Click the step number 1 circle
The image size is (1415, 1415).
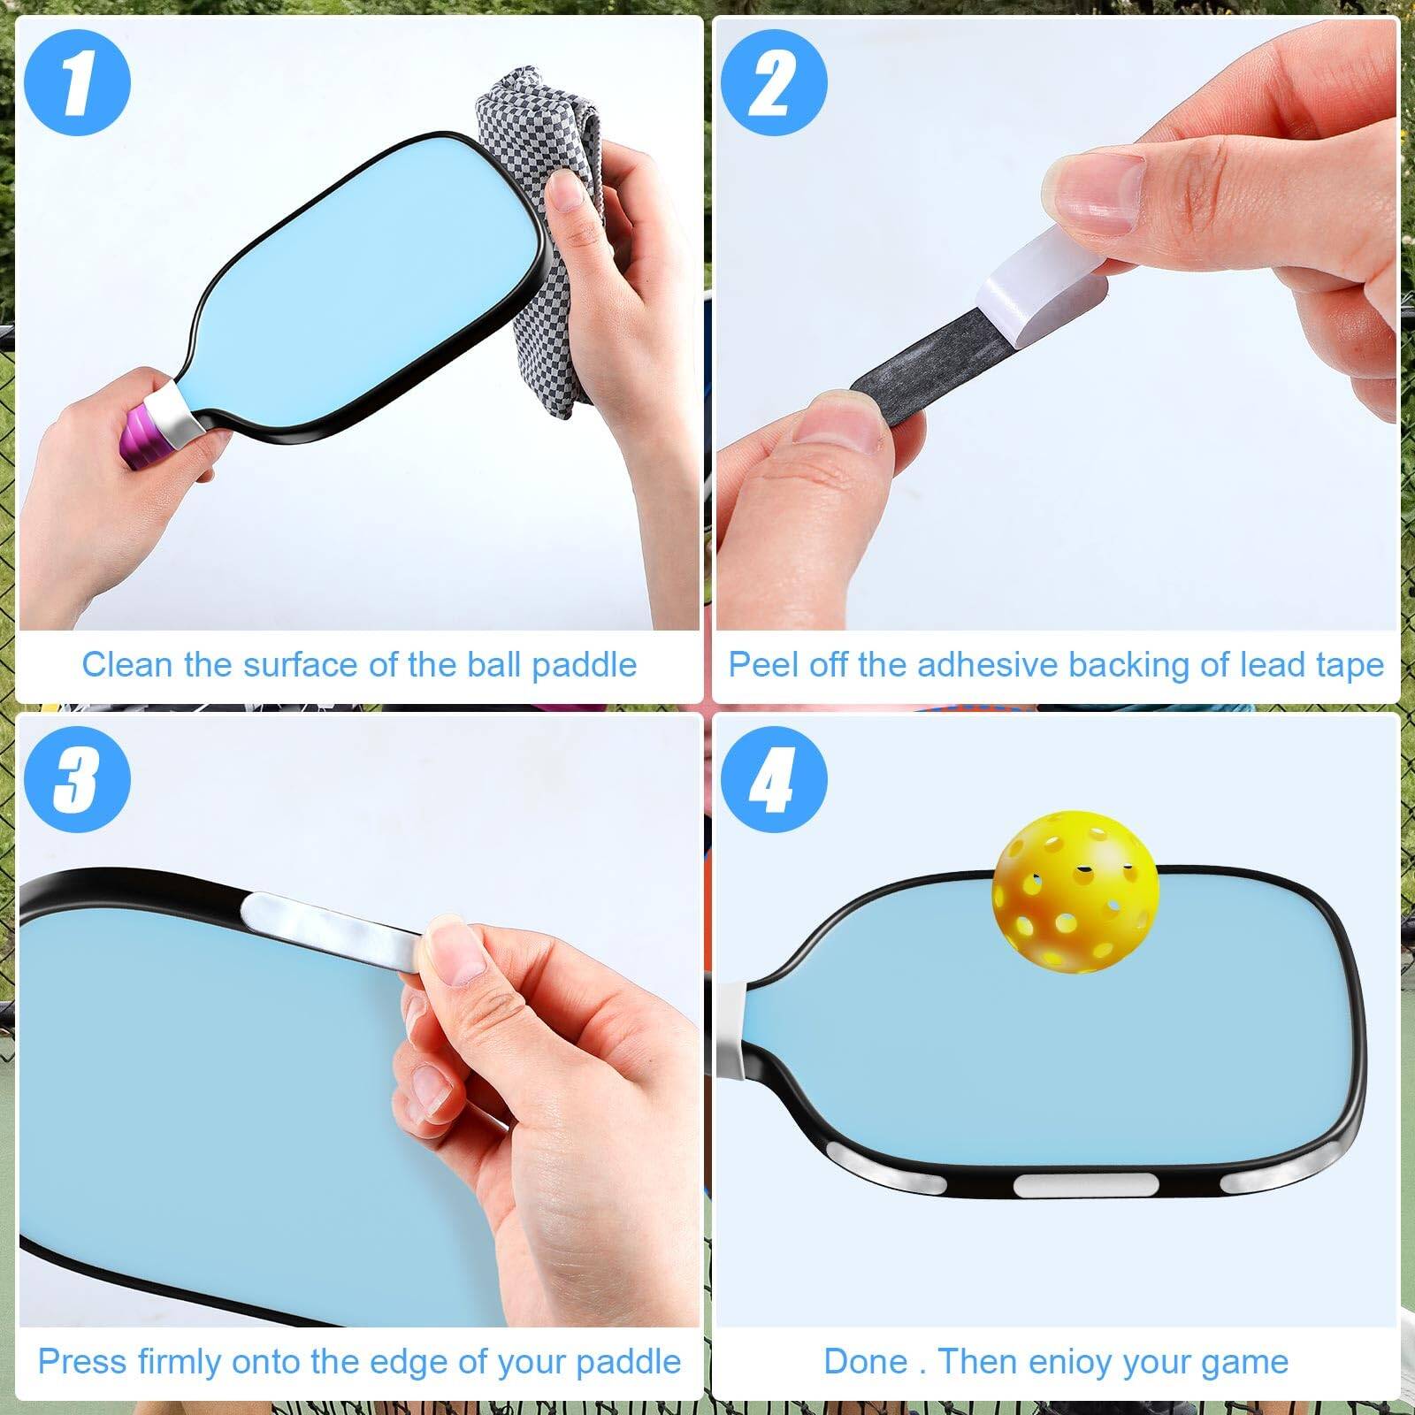coord(77,84)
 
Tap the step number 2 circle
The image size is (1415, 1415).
coord(774,84)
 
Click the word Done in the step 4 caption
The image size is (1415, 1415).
coord(866,1361)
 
